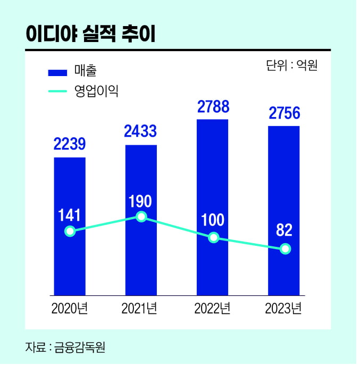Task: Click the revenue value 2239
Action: pos(70,144)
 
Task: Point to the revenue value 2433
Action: pos(141,131)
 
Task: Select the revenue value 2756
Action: pos(285,113)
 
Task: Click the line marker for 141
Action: pos(69,231)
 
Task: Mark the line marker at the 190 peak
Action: pos(141,217)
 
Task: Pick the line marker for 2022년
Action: pos(213,237)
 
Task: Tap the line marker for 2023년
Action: pos(285,248)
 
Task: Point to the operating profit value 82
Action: pos(285,230)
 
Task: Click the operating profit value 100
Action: pos(213,219)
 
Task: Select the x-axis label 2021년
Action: pos(141,309)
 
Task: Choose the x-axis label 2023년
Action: pos(285,309)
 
